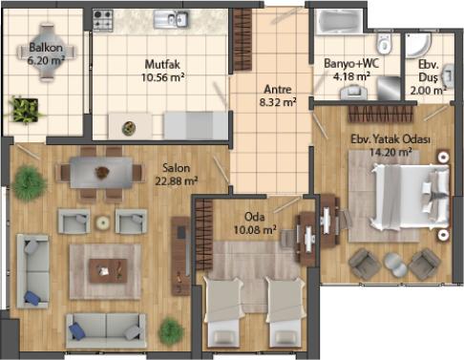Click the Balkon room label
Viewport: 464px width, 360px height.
coord(46,48)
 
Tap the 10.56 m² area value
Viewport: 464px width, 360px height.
coord(163,77)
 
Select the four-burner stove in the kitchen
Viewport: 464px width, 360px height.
coord(103,20)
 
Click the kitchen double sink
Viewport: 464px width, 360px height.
coord(171,19)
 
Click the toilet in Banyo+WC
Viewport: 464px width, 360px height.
coord(384,44)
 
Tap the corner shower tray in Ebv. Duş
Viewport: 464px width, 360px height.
coord(418,45)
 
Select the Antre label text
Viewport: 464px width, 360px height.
coord(278,89)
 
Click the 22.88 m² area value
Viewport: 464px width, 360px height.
coord(177,181)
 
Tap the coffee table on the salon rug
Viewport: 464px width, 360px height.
coord(108,271)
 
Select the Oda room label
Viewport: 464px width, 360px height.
coord(254,217)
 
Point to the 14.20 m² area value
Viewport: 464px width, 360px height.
coord(390,152)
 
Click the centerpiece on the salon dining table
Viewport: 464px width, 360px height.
coord(102,173)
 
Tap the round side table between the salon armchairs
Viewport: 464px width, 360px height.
coord(103,222)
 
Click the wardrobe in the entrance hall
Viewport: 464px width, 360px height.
coord(243,39)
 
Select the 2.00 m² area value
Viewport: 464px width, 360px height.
coord(428,91)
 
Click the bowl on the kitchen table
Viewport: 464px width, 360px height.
coord(129,128)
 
